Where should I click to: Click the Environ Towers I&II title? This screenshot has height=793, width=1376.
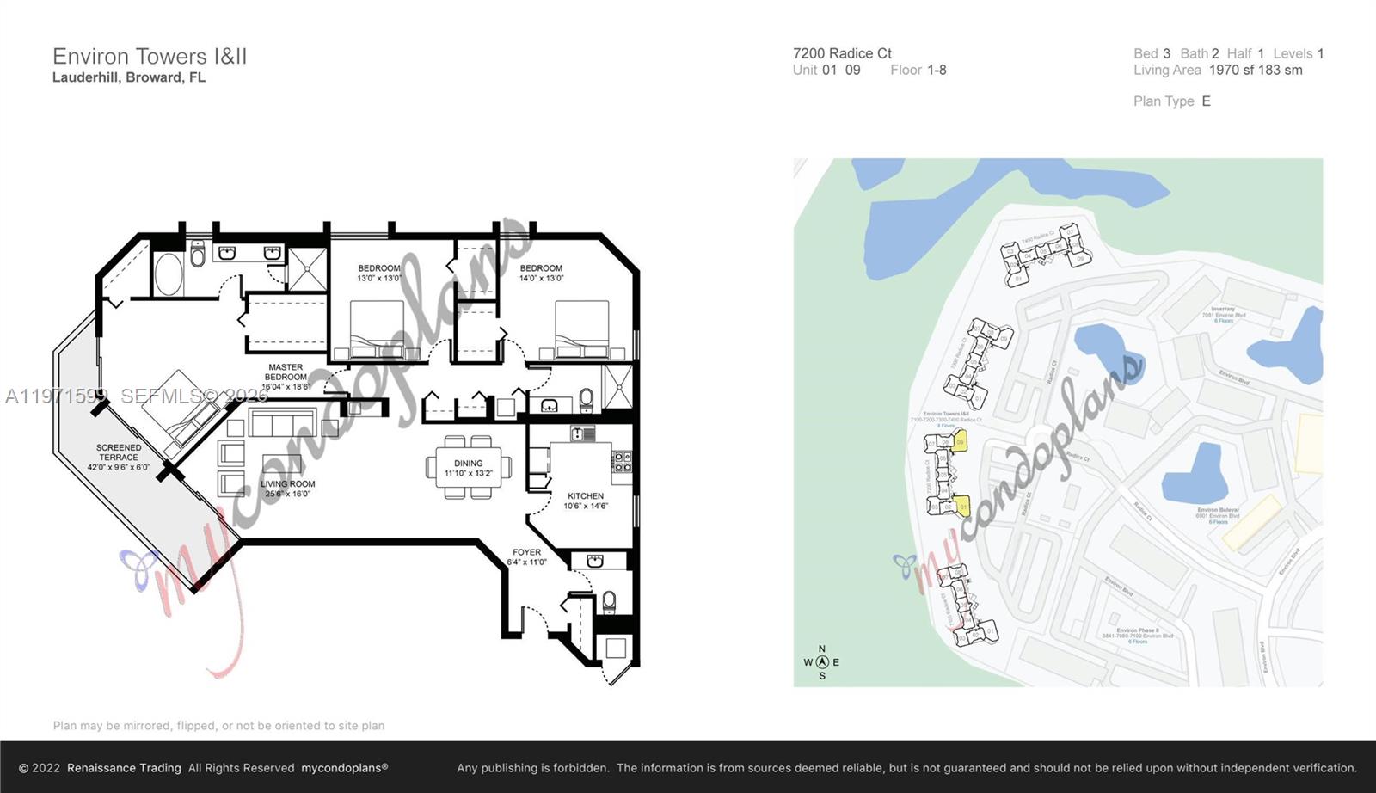(150, 57)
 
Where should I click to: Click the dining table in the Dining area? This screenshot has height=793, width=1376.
(469, 467)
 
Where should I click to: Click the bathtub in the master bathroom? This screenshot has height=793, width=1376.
(169, 274)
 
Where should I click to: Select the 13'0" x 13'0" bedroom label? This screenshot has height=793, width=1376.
(379, 273)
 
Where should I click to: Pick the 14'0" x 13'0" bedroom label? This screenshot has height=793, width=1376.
(541, 273)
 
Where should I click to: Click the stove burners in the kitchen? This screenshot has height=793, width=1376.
(622, 462)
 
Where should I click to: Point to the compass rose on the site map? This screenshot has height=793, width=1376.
(822, 662)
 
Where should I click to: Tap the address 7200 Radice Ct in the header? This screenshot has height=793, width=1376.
(842, 53)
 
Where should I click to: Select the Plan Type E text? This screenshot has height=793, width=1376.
(1171, 101)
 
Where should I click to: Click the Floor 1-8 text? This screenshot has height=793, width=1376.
(918, 71)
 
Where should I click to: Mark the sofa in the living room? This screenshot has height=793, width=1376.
(283, 424)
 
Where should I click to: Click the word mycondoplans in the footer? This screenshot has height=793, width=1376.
(344, 768)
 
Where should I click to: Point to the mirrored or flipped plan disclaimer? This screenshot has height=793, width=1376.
(218, 726)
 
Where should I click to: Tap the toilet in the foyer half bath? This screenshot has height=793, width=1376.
(610, 599)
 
